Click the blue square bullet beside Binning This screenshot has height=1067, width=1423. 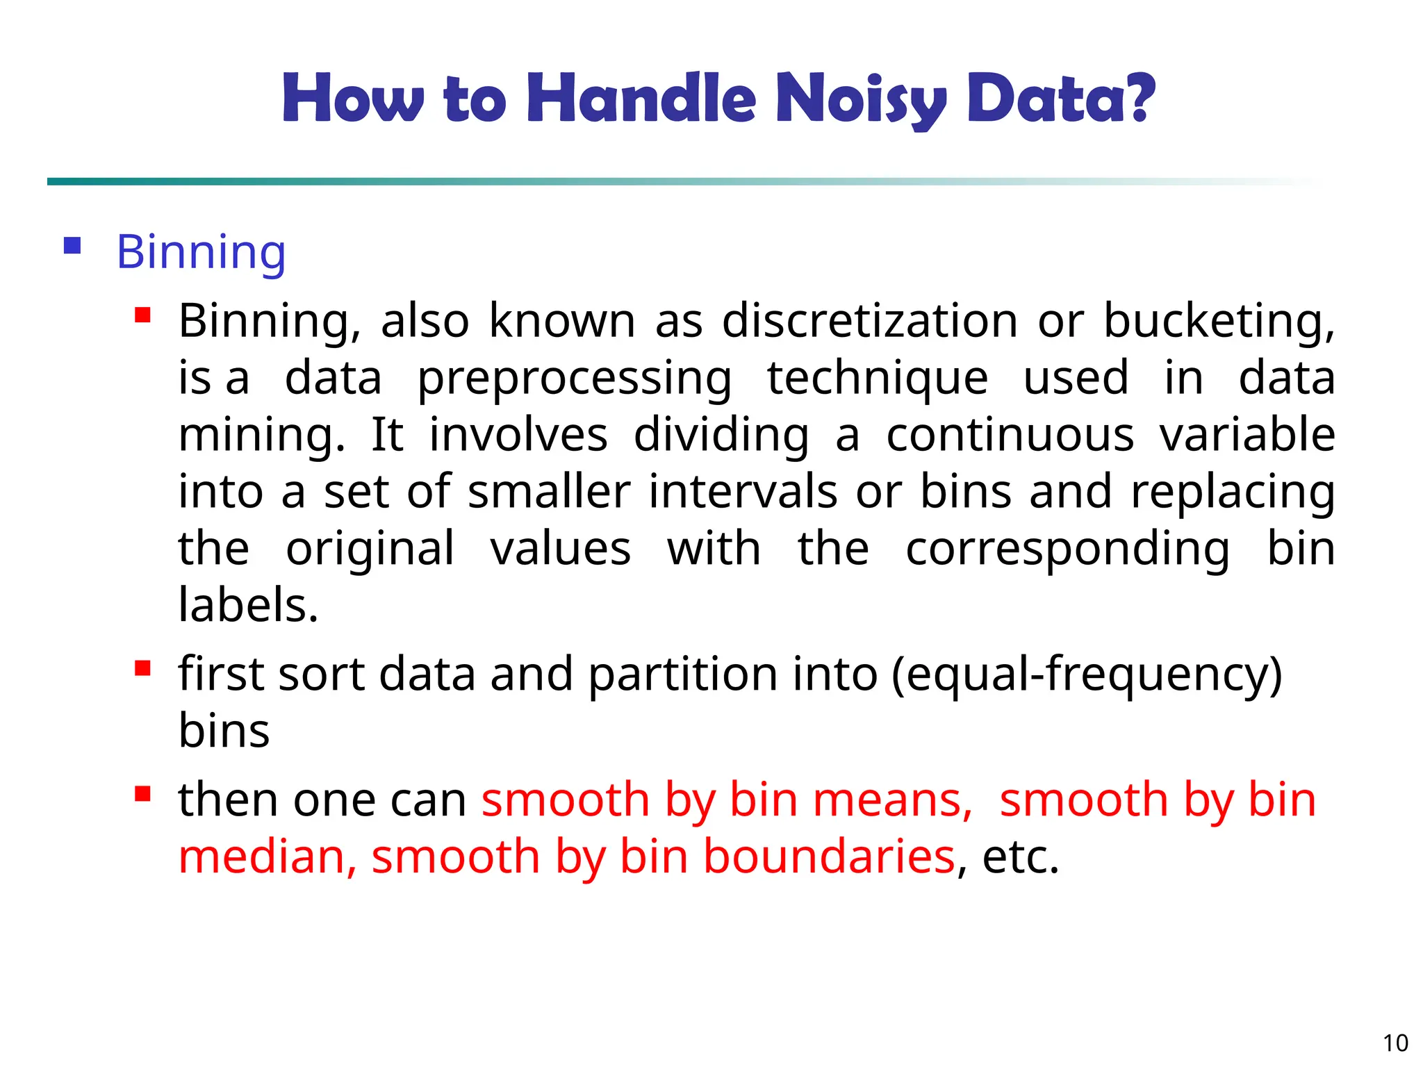tap(72, 246)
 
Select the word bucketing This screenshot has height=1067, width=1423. tap(1219, 321)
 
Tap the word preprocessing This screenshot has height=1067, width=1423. tap(574, 379)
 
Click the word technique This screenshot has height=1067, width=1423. tap(878, 379)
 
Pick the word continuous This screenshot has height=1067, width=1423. tap(1010, 436)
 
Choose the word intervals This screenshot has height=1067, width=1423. tap(743, 493)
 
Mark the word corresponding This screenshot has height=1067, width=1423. tap(1067, 549)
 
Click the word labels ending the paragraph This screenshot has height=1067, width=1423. tap(248, 605)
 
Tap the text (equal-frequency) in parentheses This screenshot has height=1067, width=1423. tap(1086, 674)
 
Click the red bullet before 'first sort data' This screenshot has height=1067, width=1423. tap(142, 668)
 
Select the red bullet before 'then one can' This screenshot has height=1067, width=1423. tap(142, 793)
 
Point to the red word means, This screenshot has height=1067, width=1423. tap(892, 800)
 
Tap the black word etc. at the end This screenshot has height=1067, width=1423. tap(1020, 858)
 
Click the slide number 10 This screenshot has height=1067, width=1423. tap(1395, 1043)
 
